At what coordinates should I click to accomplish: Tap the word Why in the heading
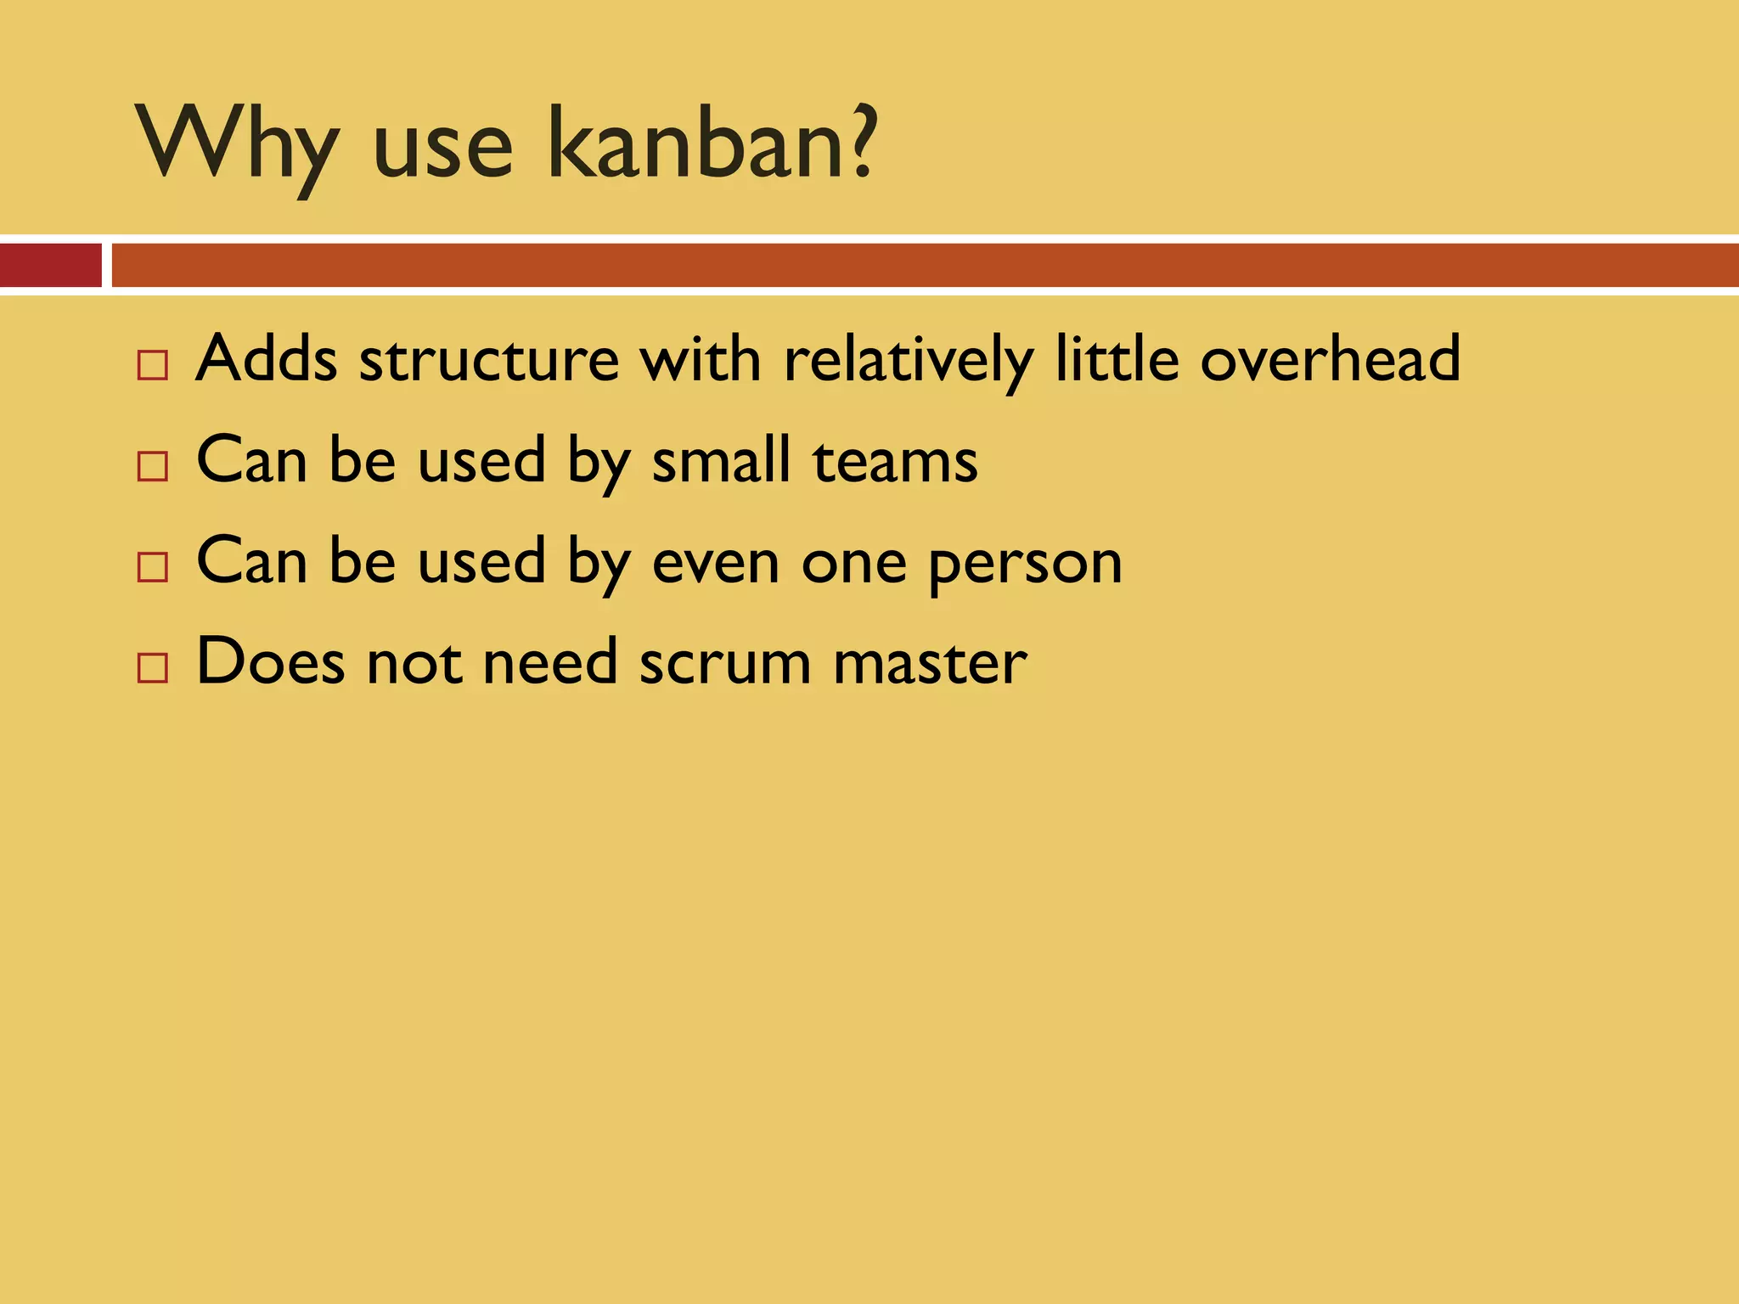238,146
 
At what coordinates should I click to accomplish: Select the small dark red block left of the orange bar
50,265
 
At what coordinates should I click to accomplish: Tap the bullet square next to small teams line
153,466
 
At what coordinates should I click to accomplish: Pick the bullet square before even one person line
153,567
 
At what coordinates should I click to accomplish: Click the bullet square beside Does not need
153,668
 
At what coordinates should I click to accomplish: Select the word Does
271,662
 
